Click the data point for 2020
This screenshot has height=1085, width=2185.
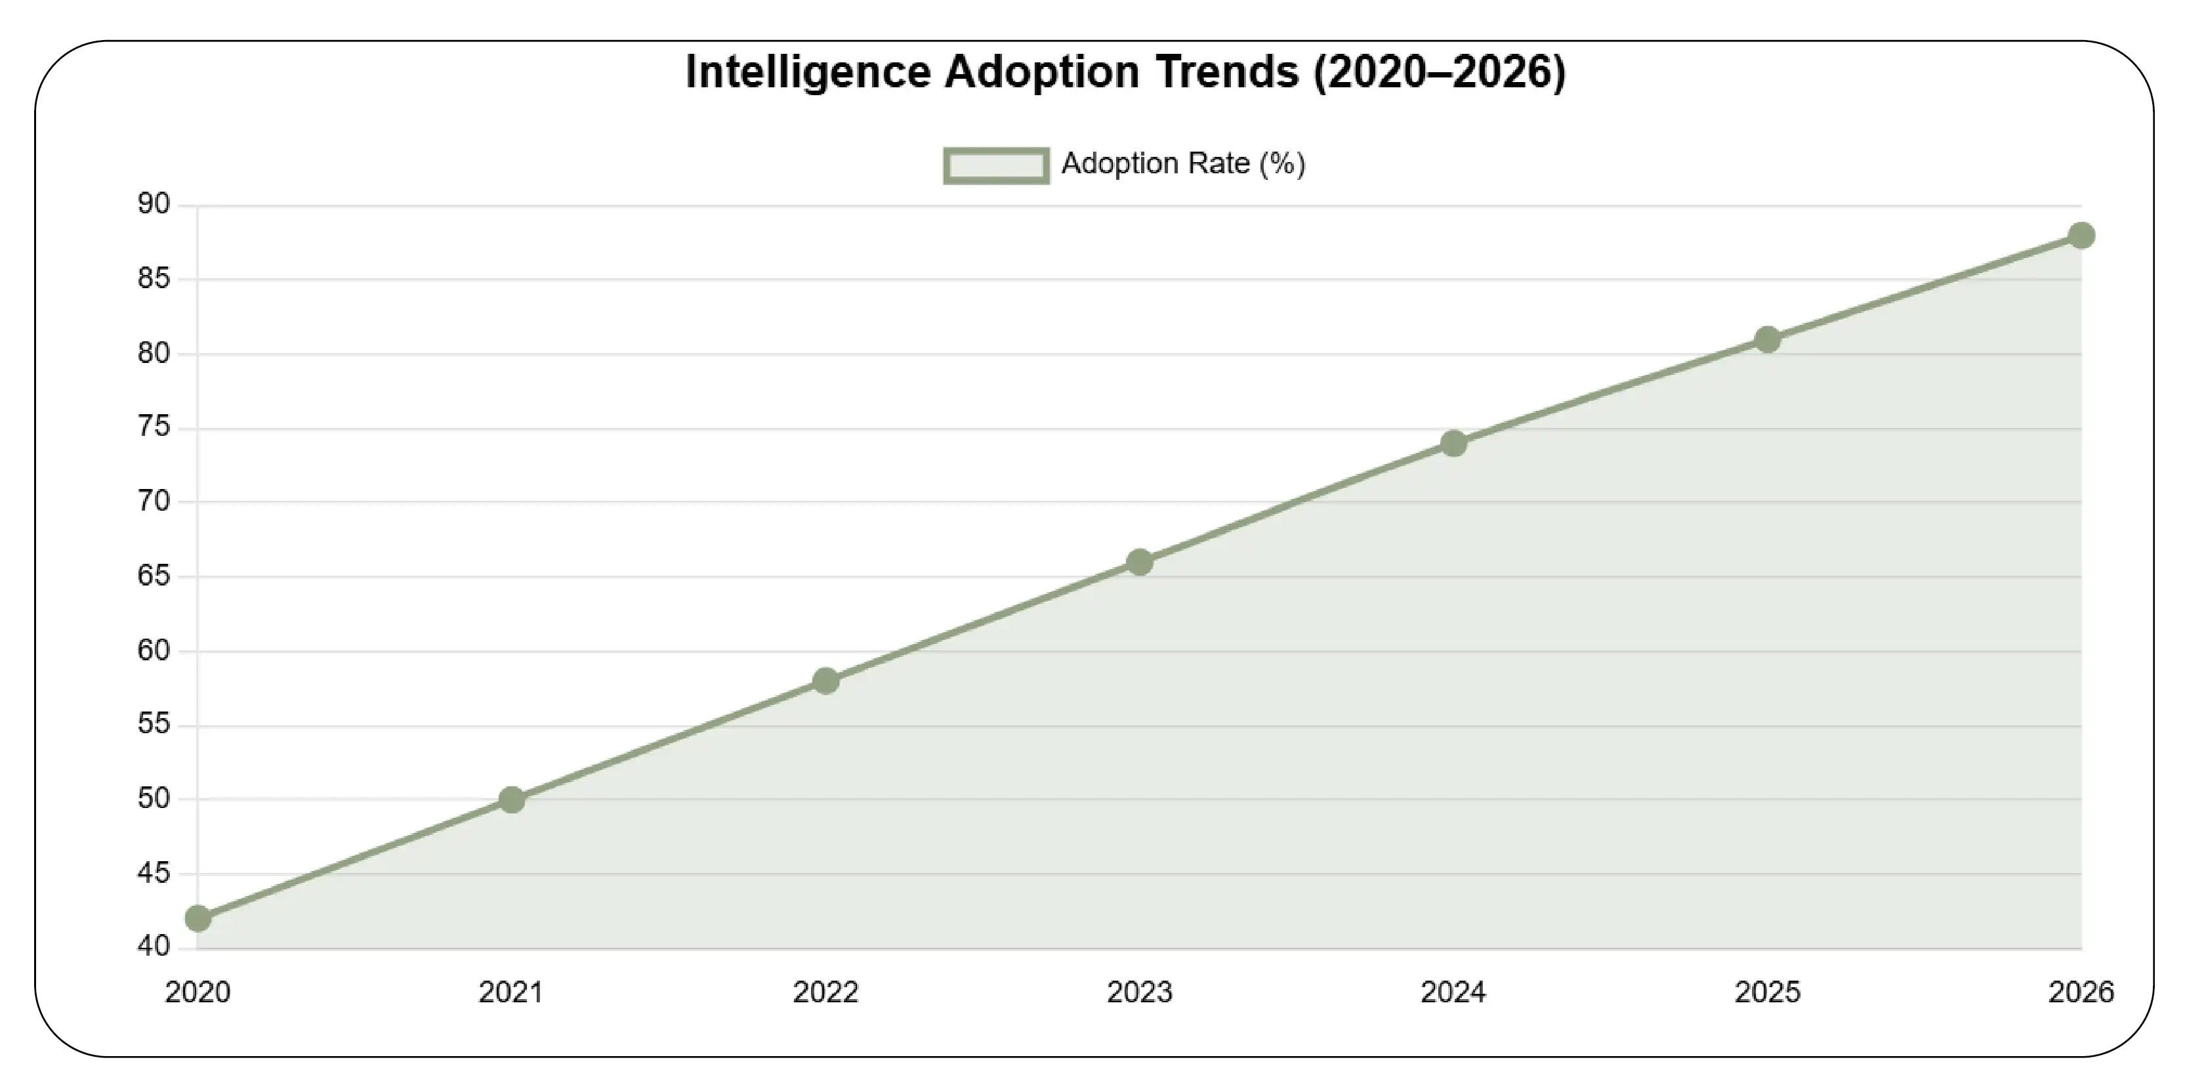(x=198, y=918)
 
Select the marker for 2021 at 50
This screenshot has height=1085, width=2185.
(x=511, y=799)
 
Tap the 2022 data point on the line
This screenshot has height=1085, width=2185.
(x=825, y=681)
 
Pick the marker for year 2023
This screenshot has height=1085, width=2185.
(x=1139, y=562)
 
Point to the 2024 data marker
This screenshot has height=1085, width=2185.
(x=1453, y=443)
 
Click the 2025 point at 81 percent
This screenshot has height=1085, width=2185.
(x=1767, y=339)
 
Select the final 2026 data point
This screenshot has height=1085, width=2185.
(x=2081, y=235)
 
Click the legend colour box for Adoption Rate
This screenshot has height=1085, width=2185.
(x=996, y=165)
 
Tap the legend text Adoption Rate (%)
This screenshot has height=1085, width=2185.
(x=1182, y=163)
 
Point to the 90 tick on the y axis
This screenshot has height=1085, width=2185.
(x=154, y=204)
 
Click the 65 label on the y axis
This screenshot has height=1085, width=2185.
(x=154, y=576)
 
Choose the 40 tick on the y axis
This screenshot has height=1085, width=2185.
(x=154, y=946)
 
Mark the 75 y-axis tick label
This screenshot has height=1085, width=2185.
(x=154, y=427)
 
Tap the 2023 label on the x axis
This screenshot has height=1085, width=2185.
(x=1139, y=992)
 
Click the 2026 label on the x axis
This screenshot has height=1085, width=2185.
(x=2080, y=992)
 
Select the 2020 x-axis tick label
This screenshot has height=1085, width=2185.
(x=198, y=992)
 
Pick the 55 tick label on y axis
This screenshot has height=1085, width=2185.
(x=154, y=725)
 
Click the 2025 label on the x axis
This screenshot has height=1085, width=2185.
(x=1767, y=992)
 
